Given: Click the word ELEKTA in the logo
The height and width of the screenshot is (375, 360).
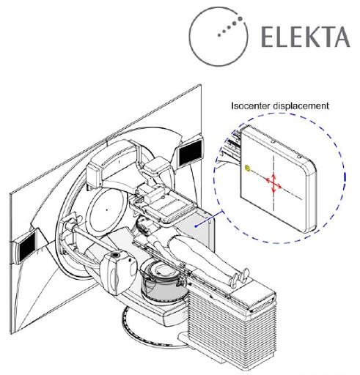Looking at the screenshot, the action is coord(306,37).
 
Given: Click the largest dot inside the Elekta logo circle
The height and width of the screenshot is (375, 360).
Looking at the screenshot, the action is coord(240,18).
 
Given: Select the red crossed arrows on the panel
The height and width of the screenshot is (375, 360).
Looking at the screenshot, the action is coord(273,182).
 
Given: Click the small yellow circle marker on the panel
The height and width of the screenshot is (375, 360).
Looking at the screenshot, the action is coord(248,168).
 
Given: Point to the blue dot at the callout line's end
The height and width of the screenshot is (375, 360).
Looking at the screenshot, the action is coord(196,226).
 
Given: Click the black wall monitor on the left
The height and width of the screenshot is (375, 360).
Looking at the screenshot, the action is coord(28,247).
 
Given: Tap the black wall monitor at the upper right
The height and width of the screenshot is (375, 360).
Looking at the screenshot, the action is coord(191,152).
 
